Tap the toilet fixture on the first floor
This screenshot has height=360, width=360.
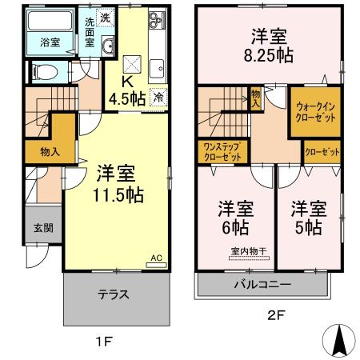[x=46, y=73]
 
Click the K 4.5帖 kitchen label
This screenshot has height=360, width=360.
[x=126, y=91]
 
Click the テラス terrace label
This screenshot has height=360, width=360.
[x=114, y=294]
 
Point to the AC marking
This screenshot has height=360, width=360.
[x=157, y=258]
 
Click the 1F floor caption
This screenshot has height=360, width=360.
[x=103, y=342]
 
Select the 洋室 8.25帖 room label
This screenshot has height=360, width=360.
[x=268, y=47]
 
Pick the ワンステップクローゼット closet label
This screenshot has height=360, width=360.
[x=223, y=152]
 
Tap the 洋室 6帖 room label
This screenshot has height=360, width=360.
[x=236, y=218]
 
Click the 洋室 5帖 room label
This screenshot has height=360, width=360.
[x=307, y=218]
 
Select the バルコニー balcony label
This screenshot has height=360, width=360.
[x=262, y=284]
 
